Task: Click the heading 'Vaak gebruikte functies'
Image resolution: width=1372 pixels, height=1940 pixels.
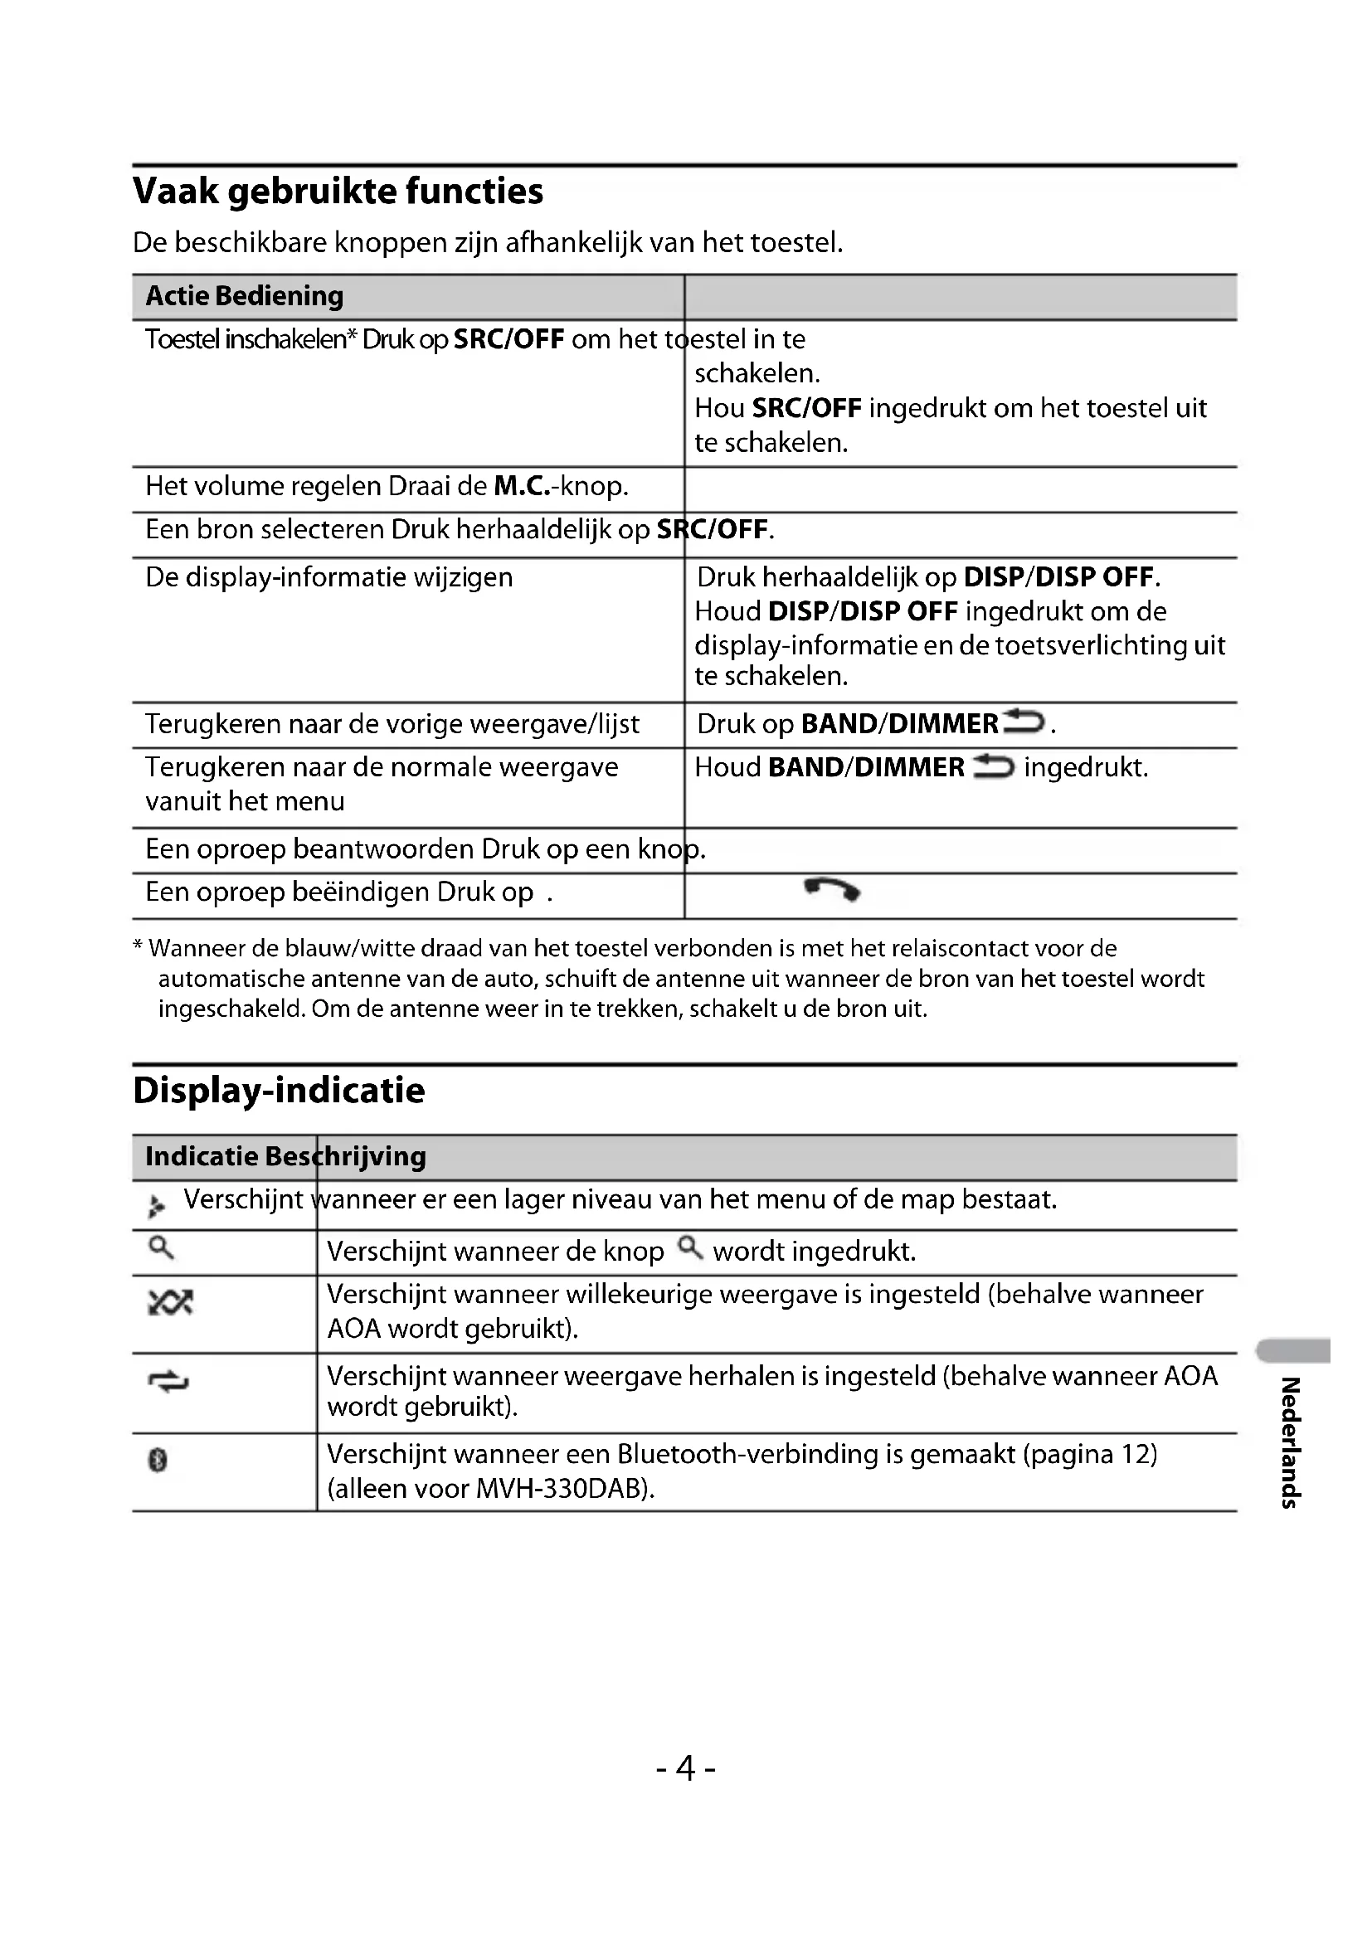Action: coord(338,191)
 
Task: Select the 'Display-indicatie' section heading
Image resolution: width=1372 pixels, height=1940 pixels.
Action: coord(279,1090)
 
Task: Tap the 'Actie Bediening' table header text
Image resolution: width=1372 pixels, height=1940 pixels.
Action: coord(244,296)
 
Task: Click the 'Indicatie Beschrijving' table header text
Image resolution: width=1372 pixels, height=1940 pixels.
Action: coord(285,1156)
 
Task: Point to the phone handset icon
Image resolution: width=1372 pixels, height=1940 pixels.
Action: coord(832,890)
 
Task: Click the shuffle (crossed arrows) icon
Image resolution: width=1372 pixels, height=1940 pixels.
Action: coord(170,1302)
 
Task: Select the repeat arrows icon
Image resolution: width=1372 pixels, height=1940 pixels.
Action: coord(168,1382)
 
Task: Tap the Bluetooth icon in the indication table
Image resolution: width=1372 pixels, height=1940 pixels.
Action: coord(158,1459)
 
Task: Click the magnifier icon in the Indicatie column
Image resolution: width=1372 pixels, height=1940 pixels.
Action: coord(161,1247)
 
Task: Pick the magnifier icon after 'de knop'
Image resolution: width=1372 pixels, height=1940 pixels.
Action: coord(690,1247)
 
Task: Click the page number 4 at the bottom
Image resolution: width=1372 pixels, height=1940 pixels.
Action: coord(685,1767)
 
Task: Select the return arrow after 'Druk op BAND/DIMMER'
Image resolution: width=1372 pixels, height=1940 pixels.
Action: coord(1024,722)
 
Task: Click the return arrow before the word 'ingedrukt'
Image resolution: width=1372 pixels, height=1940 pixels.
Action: coord(993,766)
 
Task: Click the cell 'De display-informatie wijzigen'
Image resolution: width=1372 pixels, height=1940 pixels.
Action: coord(328,577)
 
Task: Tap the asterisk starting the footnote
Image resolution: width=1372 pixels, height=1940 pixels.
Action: coord(138,947)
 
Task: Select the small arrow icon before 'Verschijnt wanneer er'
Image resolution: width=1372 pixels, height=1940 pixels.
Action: coord(156,1206)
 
